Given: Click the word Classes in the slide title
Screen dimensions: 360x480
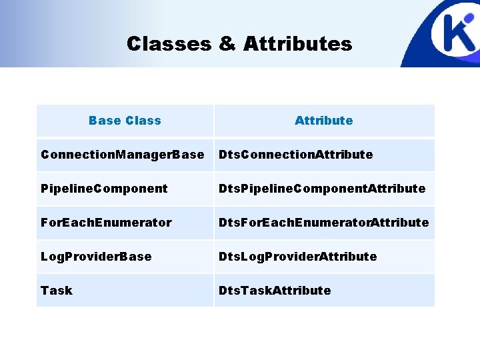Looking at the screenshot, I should click(169, 44).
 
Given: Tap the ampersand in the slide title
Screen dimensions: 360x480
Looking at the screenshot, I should click(227, 44).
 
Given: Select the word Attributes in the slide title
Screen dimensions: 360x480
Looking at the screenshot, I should click(297, 44).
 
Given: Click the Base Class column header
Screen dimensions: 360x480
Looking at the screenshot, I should click(125, 121).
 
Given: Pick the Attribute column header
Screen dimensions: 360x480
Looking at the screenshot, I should click(323, 121).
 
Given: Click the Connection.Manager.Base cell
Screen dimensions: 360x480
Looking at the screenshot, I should click(123, 155).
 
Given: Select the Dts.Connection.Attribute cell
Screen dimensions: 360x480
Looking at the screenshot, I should click(296, 155).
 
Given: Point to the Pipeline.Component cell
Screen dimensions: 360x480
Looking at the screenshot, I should click(104, 189).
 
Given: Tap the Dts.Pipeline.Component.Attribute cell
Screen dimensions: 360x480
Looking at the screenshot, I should click(322, 189).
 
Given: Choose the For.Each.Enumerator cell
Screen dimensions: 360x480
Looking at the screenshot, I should click(106, 223).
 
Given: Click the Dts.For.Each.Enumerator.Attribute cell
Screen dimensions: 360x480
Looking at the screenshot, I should click(324, 223).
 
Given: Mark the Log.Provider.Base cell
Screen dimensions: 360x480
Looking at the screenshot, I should click(96, 257).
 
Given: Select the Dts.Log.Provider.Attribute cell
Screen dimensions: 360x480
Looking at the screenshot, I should click(298, 257).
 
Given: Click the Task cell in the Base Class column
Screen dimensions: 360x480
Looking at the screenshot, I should click(57, 291).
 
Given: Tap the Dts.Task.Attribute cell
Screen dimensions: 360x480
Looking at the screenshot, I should click(275, 291).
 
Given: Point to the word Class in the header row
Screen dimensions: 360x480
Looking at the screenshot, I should click(143, 121).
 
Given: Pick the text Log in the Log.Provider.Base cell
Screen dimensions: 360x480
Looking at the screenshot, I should click(51, 257).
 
